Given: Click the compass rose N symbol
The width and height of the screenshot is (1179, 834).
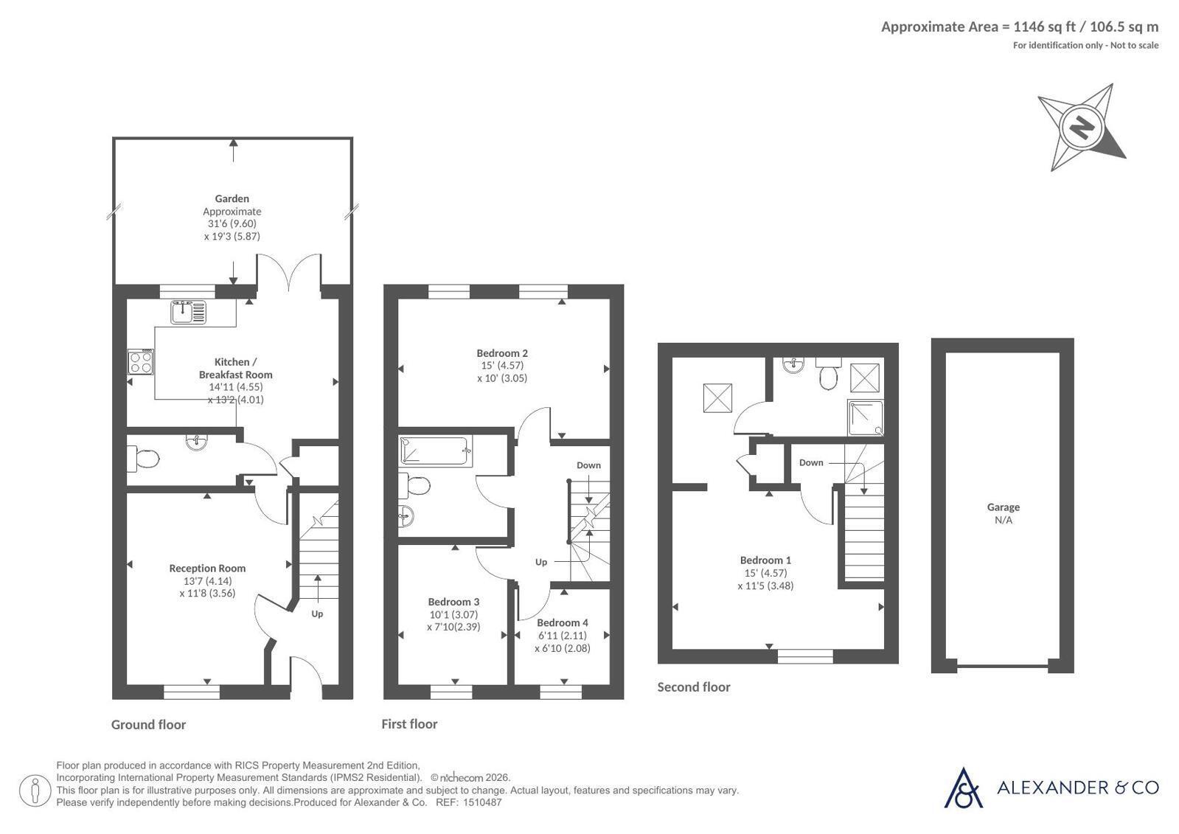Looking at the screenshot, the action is coord(1082,128).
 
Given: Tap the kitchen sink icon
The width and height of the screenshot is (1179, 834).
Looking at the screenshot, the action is coord(189,312).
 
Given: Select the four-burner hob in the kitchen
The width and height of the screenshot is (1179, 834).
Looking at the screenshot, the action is coord(141,362).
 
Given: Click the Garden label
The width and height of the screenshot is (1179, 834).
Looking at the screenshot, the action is coord(232,198).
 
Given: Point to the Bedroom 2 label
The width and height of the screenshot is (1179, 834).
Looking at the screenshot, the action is coord(502,353).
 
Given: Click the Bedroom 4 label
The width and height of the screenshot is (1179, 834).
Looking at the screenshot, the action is coord(562,622).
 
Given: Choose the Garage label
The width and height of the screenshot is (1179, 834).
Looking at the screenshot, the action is coord(1004,507).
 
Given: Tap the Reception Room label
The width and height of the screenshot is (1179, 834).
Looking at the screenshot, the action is coord(207,568).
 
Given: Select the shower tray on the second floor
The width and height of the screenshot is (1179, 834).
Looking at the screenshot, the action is coord(866,418).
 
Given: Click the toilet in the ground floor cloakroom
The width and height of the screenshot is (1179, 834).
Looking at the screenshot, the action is coord(143,459).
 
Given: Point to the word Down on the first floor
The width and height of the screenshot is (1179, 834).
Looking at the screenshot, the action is coord(588,465).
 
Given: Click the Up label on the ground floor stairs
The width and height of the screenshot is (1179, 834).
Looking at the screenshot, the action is coord(317,614).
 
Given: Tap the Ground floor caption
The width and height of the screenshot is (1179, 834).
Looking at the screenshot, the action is coord(148,724).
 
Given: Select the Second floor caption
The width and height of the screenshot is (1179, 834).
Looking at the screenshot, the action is coord(694,687).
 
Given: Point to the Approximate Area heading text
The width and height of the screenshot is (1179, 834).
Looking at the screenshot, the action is coord(1020,27).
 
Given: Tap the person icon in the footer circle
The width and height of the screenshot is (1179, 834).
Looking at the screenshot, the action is coord(35,790).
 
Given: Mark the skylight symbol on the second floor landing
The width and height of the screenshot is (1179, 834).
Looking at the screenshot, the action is coord(717,397).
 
